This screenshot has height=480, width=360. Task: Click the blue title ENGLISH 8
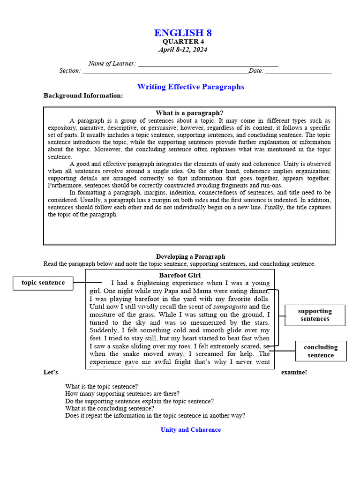click(x=183, y=33)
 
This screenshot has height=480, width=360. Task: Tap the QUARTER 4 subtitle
click(x=183, y=42)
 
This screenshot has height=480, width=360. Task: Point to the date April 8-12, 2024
click(x=183, y=50)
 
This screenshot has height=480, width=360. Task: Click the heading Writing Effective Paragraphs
click(x=190, y=87)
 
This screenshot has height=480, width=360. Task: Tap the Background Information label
click(x=83, y=96)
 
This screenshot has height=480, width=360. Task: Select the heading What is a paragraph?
click(x=189, y=113)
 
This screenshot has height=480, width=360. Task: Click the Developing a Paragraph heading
click(x=190, y=256)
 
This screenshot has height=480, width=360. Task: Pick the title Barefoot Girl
click(x=180, y=275)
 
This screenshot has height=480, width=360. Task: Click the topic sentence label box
click(x=43, y=283)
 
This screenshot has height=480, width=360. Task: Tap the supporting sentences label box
click(x=315, y=315)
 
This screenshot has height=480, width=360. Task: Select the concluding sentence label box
click(x=321, y=351)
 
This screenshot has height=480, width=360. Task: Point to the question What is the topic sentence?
click(x=101, y=387)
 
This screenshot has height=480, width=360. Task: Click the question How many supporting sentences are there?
click(x=122, y=394)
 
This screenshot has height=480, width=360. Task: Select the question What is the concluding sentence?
click(x=110, y=408)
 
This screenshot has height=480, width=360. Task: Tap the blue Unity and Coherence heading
click(x=190, y=430)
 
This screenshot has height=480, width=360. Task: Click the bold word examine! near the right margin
click(x=294, y=372)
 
